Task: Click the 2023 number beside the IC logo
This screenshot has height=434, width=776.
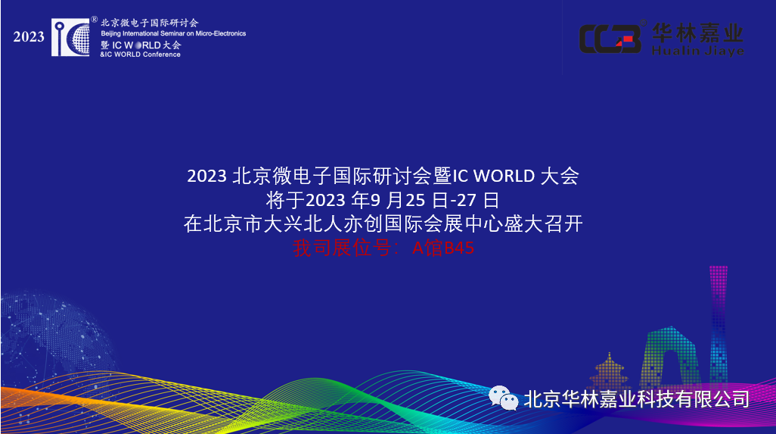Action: click(x=29, y=36)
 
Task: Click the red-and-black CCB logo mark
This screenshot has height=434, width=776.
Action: click(x=610, y=39)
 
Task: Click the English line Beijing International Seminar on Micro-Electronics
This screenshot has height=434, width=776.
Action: click(x=173, y=34)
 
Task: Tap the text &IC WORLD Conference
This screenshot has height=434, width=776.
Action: click(x=140, y=55)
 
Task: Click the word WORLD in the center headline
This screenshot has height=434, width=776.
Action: click(x=506, y=176)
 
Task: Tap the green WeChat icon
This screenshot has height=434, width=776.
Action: click(x=503, y=397)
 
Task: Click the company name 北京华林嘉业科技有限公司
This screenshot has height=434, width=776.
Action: click(x=636, y=398)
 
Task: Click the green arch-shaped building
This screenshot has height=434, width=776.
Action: click(x=669, y=356)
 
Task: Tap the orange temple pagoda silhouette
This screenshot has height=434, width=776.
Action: click(x=610, y=371)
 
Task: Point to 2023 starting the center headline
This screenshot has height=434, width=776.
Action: click(x=207, y=176)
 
